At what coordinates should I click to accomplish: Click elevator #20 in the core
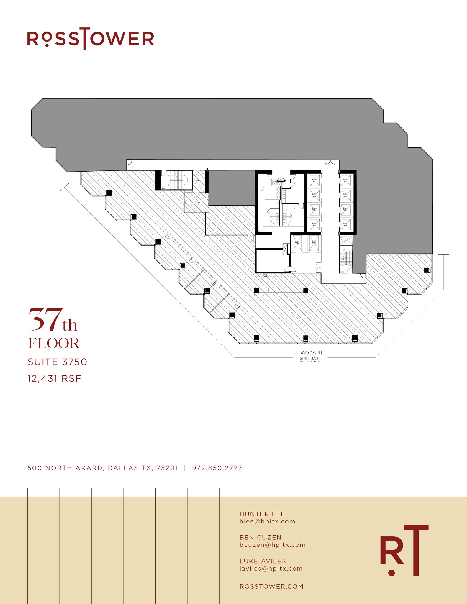click(314, 181)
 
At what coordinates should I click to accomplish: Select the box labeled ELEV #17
click(314, 225)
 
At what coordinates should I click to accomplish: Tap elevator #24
click(345, 225)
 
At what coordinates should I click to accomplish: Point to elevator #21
click(345, 181)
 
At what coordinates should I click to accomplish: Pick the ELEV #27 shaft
click(297, 244)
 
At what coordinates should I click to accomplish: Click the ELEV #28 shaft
click(314, 244)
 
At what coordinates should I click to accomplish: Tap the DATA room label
click(198, 203)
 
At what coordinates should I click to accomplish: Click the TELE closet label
click(197, 180)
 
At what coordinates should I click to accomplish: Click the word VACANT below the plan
click(311, 353)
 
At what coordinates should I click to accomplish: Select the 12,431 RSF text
click(54, 379)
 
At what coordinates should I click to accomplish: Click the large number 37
click(46, 320)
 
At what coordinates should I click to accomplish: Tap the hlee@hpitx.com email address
click(267, 521)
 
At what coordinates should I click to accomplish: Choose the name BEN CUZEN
click(260, 537)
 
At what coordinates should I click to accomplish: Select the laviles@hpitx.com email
click(271, 569)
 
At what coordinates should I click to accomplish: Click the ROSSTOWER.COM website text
click(271, 587)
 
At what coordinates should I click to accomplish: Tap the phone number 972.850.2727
click(217, 468)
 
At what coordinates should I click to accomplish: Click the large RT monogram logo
click(404, 550)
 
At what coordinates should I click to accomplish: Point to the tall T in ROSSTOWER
click(85, 38)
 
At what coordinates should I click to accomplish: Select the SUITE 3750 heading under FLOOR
click(58, 362)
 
